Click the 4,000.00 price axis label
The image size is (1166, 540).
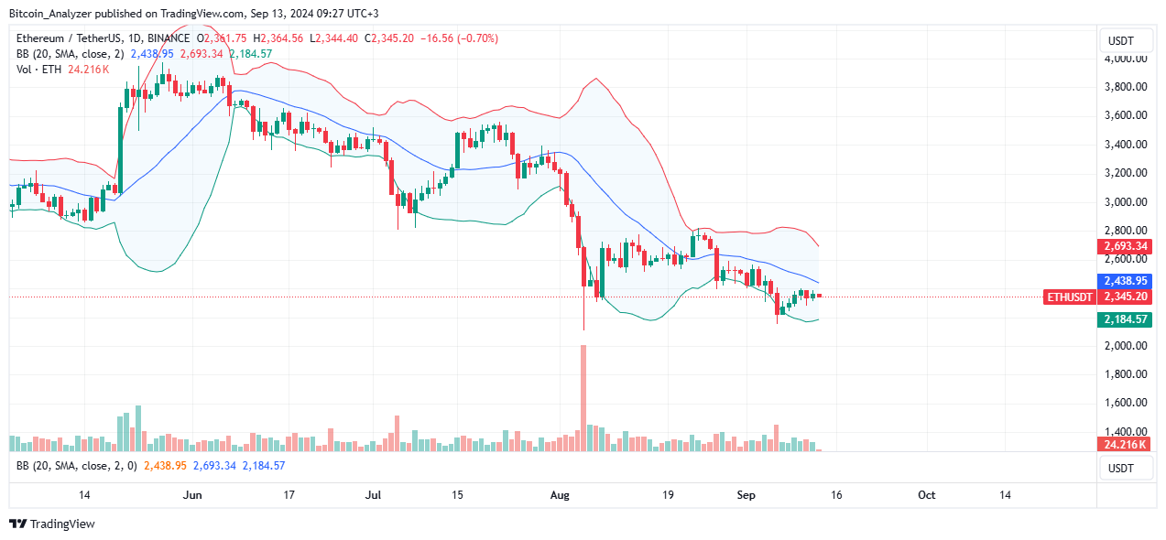coord(1127,59)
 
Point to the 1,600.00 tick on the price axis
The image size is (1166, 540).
coord(1127,403)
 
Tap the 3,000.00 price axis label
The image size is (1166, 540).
coord(1127,201)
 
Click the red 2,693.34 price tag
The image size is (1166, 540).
coord(1125,247)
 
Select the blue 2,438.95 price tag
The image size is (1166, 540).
coord(1125,282)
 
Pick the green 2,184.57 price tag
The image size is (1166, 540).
coord(1125,319)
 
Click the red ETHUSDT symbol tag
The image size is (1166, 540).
coord(1069,297)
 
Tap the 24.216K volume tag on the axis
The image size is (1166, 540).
coord(1125,445)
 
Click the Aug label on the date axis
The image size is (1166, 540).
coord(561,495)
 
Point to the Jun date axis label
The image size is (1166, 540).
coord(192,495)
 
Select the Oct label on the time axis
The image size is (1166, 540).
coord(926,495)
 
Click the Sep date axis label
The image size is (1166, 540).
coord(747,495)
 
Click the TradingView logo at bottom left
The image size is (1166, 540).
coord(52,524)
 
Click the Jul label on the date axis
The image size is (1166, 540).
coord(373,495)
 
